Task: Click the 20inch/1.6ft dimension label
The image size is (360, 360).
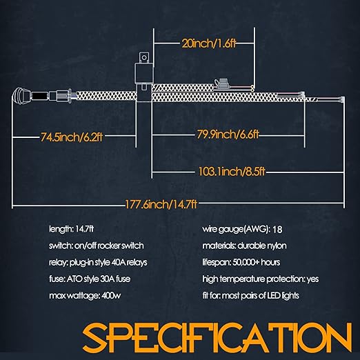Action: (x=209, y=43)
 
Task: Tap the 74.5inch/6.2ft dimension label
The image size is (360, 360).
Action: (x=72, y=137)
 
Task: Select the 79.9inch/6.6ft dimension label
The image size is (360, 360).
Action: (x=228, y=134)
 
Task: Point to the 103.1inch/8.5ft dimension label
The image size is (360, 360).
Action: (x=232, y=172)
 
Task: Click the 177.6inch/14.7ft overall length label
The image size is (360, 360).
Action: (x=161, y=204)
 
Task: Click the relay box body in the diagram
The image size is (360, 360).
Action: (x=143, y=74)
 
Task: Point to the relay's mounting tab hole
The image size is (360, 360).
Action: (x=144, y=57)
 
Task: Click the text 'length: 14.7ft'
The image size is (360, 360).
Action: (x=72, y=229)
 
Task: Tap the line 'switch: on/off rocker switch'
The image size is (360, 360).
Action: (x=97, y=246)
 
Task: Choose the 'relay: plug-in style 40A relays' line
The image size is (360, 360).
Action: (x=98, y=262)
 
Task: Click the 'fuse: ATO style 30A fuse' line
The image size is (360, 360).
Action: (x=90, y=279)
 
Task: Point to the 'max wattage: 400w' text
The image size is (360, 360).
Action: (x=85, y=296)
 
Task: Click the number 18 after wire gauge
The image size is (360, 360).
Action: (x=277, y=230)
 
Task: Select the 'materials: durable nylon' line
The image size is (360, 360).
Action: (x=244, y=246)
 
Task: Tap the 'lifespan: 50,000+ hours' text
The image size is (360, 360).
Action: (x=241, y=262)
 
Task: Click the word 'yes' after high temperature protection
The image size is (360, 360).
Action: (x=313, y=279)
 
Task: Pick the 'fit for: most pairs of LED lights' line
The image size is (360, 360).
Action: (x=250, y=295)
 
